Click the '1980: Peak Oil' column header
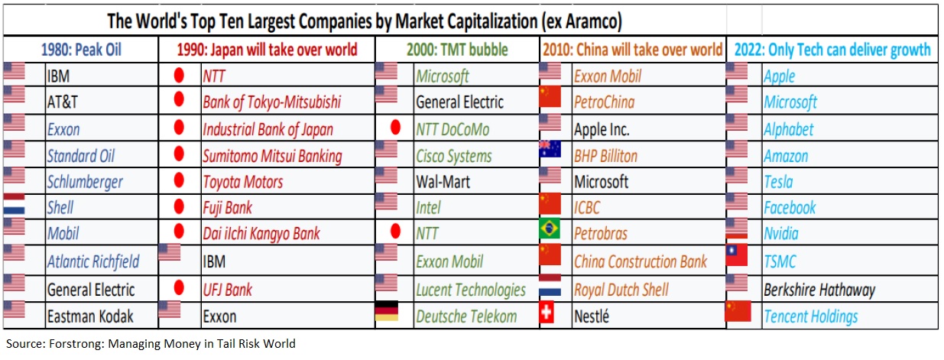click(81, 50)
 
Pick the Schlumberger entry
click(84, 182)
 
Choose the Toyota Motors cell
click(242, 182)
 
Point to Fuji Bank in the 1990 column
click(227, 208)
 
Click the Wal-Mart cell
click(443, 182)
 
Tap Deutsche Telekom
click(466, 316)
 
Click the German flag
click(388, 313)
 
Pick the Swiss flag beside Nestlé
click(547, 314)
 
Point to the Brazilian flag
click(550, 230)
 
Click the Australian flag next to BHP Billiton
click(550, 150)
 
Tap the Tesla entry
click(778, 182)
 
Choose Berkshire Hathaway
click(819, 290)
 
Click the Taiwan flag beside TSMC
click(736, 255)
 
